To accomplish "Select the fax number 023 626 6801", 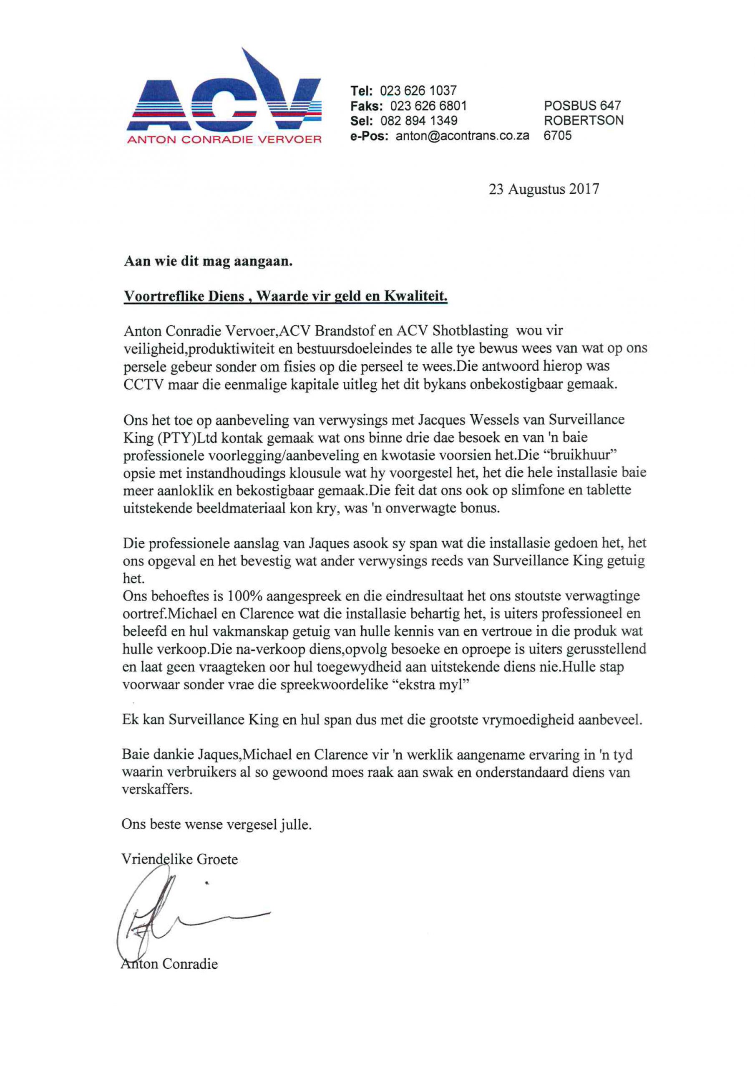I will [428, 106].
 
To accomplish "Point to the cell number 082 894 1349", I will [419, 121].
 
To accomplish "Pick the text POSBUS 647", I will [582, 106].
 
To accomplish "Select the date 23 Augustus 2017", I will [544, 190].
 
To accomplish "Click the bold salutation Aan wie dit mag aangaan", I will [208, 261].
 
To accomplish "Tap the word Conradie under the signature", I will [190, 964].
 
